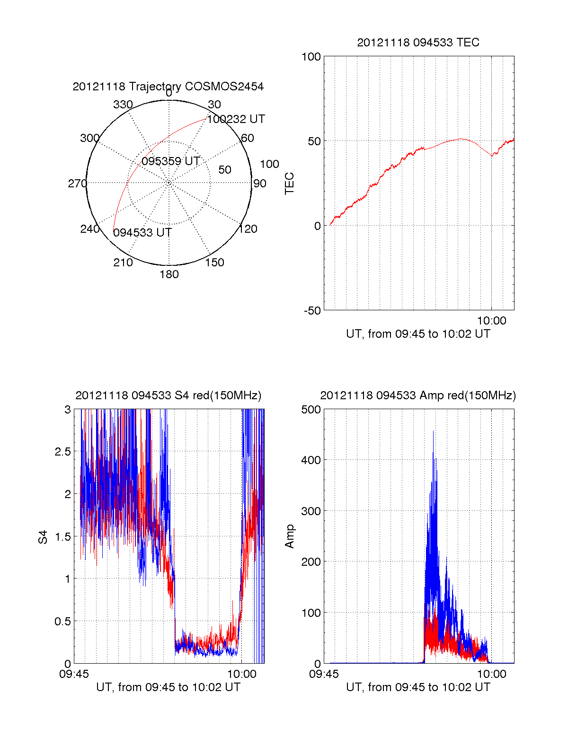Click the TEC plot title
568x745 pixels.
pyautogui.click(x=418, y=43)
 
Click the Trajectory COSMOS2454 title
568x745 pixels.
pyautogui.click(x=168, y=87)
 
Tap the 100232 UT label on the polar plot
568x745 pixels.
pyautogui.click(x=236, y=119)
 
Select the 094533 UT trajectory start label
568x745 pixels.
pyautogui.click(x=142, y=233)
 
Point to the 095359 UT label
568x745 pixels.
pyautogui.click(x=170, y=161)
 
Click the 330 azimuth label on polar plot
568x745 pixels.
pyautogui.click(x=123, y=105)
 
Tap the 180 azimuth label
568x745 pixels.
pyautogui.click(x=169, y=274)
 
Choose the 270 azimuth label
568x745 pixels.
pyautogui.click(x=77, y=184)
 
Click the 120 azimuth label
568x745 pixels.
pyautogui.click(x=248, y=229)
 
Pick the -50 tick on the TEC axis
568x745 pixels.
pyautogui.click(x=312, y=311)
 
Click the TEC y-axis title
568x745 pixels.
pyautogui.click(x=289, y=184)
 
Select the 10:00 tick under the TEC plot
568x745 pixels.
pyautogui.click(x=491, y=321)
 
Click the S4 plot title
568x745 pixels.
pyautogui.click(x=168, y=395)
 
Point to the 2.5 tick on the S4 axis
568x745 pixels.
pyautogui.click(x=62, y=452)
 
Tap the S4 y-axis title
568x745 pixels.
pyautogui.click(x=43, y=537)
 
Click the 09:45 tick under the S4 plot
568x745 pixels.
pyautogui.click(x=74, y=674)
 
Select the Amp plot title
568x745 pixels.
pyautogui.click(x=418, y=395)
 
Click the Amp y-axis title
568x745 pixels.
pyautogui.click(x=289, y=536)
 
